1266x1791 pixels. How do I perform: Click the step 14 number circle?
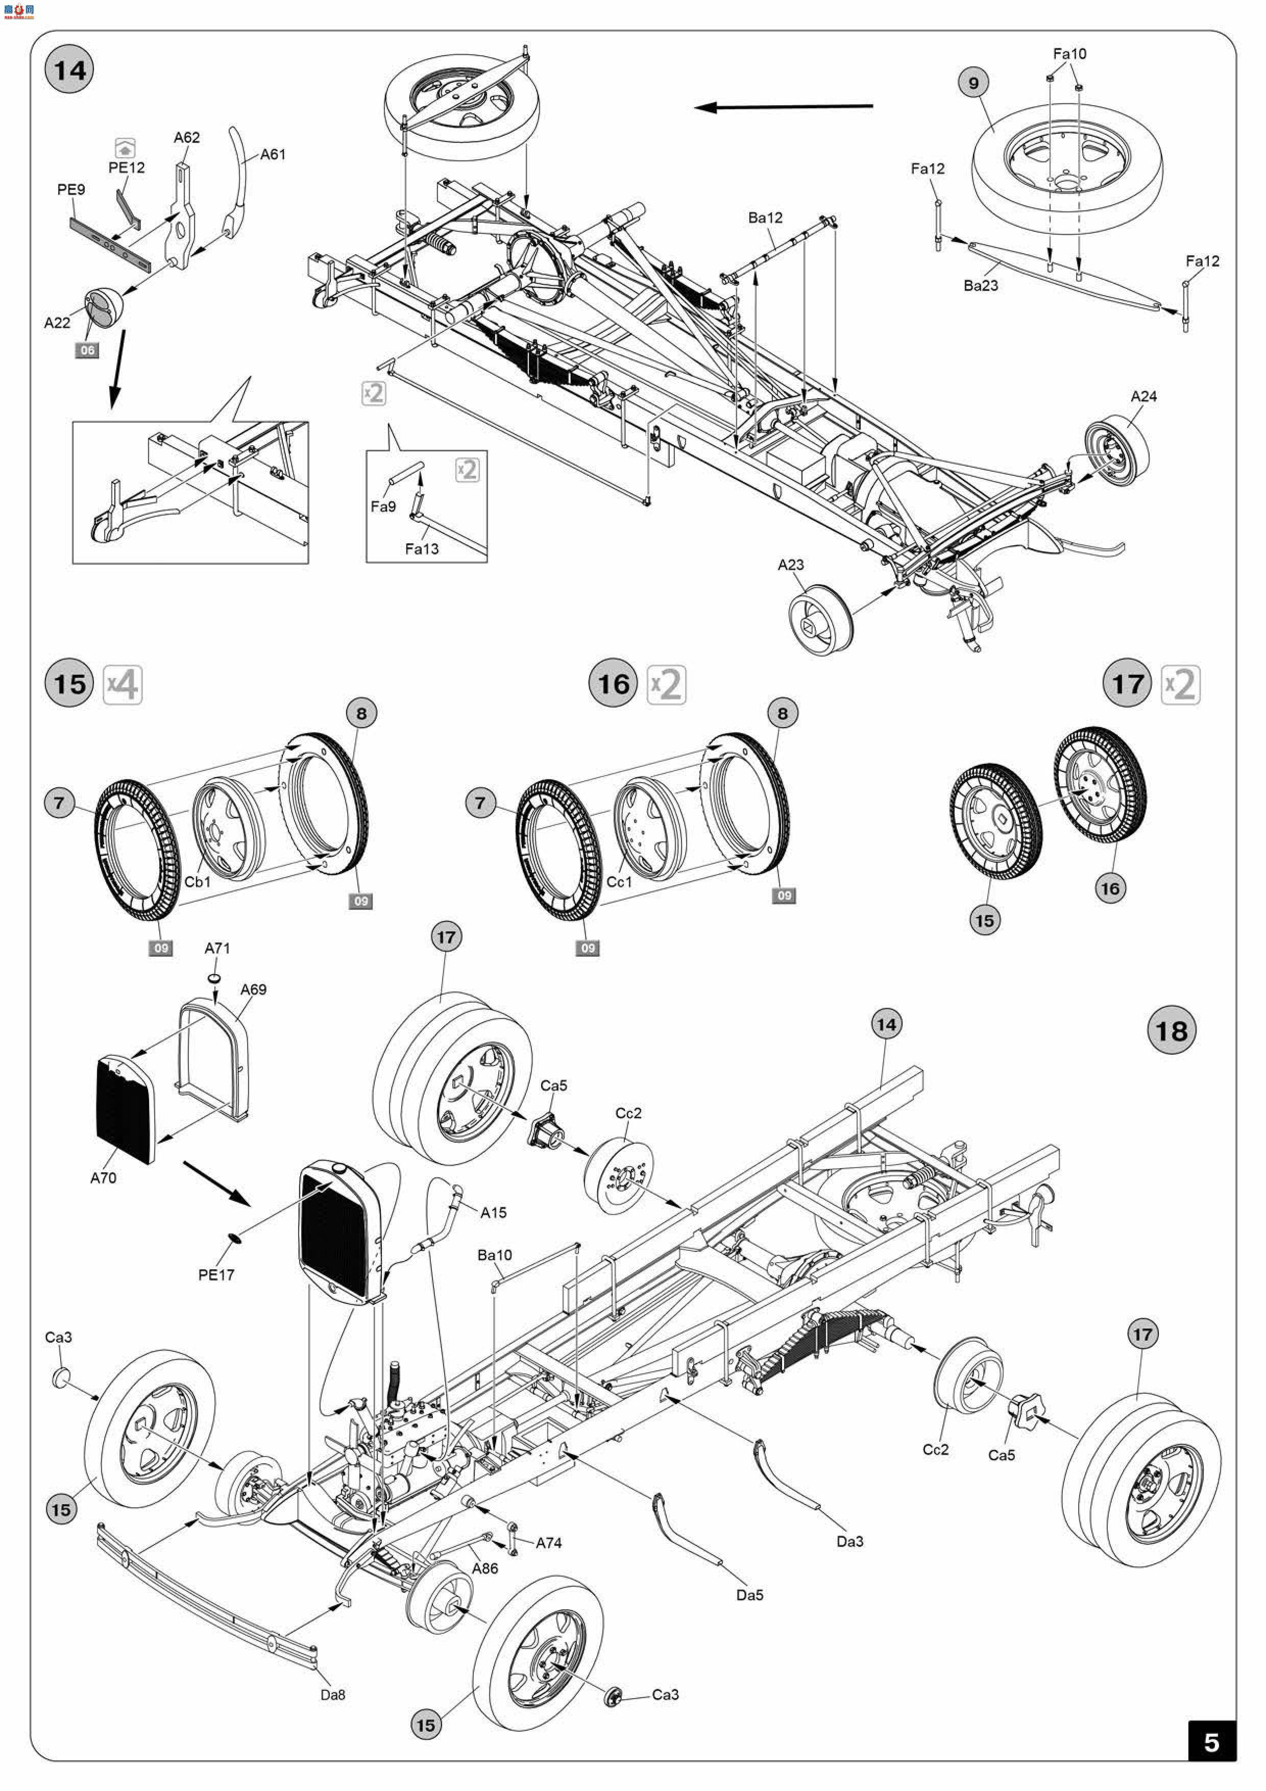69,70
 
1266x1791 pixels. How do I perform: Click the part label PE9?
71,189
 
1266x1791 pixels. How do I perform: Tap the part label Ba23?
981,285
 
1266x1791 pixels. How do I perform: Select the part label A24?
1143,396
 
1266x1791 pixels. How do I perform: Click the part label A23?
790,565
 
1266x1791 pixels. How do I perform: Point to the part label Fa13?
421,549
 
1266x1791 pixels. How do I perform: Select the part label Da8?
332,1695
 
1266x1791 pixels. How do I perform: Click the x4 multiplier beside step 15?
123,685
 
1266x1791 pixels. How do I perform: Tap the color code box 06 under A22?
87,350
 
